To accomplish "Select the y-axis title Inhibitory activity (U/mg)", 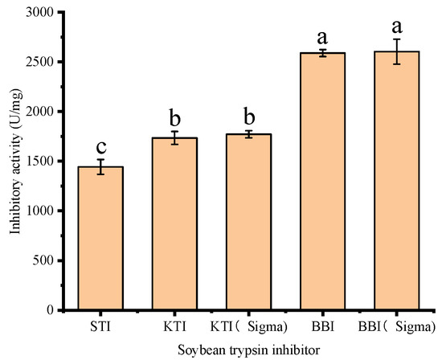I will point(15,161).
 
